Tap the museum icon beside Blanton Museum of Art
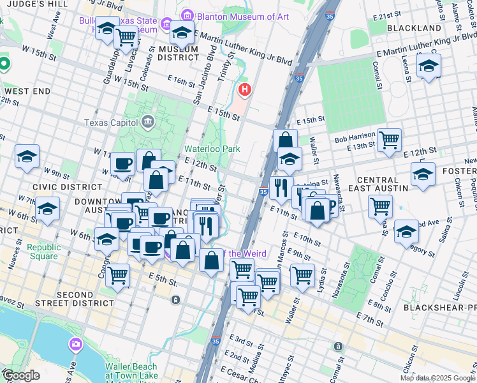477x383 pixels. pyautogui.click(x=187, y=15)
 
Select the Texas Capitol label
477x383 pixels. pyautogui.click(x=112, y=122)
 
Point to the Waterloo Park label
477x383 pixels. pyautogui.click(x=212, y=149)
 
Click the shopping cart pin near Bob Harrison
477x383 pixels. pyautogui.click(x=389, y=139)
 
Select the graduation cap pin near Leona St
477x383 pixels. pyautogui.click(x=429, y=65)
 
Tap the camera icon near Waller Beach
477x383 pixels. pyautogui.click(x=76, y=345)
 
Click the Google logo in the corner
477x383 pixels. pyautogui.click(x=20, y=375)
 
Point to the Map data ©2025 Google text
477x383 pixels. pyautogui.click(x=437, y=378)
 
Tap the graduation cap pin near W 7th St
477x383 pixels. pyautogui.click(x=48, y=209)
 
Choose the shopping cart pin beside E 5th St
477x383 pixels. pyautogui.click(x=117, y=276)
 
